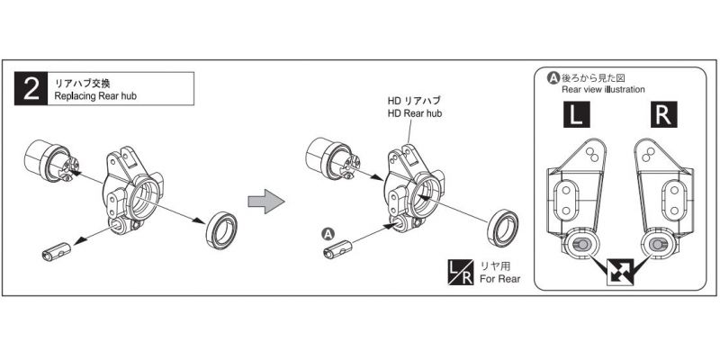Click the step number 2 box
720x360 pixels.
[31, 88]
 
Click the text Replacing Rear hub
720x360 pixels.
[95, 96]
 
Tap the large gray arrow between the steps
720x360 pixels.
[265, 201]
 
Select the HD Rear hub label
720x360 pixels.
[415, 113]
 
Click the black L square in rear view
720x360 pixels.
[576, 114]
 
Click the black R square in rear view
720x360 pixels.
[663, 114]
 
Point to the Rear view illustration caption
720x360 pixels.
[603, 89]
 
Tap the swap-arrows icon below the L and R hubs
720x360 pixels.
[620, 273]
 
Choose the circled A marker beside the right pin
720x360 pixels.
[328, 234]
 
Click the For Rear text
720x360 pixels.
[500, 278]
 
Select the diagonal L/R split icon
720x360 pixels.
[461, 272]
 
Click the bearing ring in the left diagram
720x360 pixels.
[220, 230]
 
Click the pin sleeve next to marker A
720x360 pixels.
[337, 249]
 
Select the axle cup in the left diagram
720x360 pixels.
[51, 161]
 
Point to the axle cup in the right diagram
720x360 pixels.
[332, 158]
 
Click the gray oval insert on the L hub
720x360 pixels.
[582, 245]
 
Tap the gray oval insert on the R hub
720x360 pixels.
[657, 245]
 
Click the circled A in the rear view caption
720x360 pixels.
[553, 78]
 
